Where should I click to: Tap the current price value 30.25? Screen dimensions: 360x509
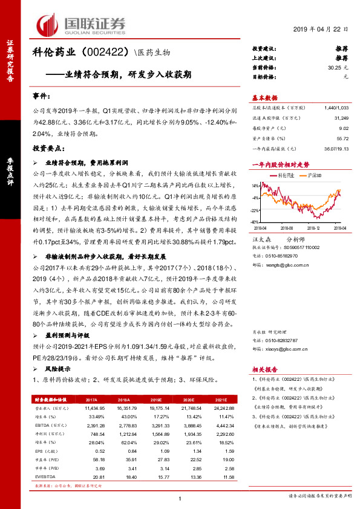[335, 68]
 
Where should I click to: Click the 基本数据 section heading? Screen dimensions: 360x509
[264, 97]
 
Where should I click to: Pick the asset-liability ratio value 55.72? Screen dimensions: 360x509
[342, 138]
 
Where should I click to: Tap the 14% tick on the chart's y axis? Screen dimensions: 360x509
[256, 186]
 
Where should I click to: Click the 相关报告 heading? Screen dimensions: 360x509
[264, 368]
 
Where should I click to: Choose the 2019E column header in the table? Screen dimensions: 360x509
[155, 400]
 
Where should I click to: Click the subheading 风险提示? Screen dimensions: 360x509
[57, 368]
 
